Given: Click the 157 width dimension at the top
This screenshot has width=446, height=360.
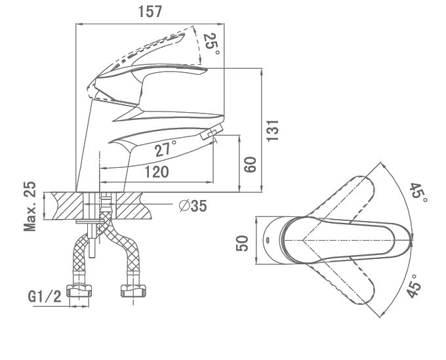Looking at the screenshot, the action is coord(150,12).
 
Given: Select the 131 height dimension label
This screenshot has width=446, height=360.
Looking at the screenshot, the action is coord(273,130).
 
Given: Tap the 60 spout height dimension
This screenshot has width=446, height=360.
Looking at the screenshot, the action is coord(251,165).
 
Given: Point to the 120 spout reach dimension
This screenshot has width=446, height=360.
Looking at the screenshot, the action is coord(157,172).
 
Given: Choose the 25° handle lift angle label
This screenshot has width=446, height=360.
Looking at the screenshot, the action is coord(212,44).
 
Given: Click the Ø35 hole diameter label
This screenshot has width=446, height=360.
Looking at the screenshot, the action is coord(193,206).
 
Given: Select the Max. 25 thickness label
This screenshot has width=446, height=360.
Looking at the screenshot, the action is coord(30,206).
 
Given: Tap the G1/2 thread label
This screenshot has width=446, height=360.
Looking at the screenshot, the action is coord(45,297).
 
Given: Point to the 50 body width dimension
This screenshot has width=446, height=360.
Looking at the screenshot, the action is coord(242,243).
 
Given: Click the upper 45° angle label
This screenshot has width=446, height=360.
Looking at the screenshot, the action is coord(418,193).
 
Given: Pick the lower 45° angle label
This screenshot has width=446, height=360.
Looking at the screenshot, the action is coord(415,286).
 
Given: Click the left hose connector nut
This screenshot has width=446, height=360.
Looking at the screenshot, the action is coord(79,290).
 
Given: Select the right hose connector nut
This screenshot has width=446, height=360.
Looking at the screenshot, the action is coord(134,290).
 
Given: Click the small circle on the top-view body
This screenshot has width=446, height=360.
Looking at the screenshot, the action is coord(268,241).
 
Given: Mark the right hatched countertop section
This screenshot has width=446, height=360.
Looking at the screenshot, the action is coord(132,206).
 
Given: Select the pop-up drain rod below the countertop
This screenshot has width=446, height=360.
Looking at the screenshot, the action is coord(91,239).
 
